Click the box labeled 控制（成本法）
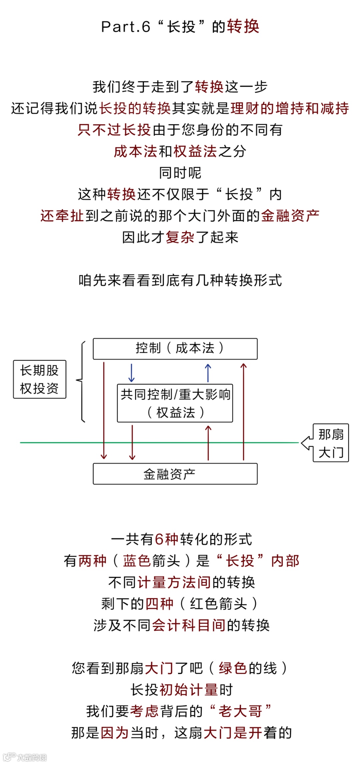pyautogui.click(x=175, y=349)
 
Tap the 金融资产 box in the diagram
pyautogui.click(x=175, y=474)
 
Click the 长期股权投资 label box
pyautogui.click(x=40, y=379)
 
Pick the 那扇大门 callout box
pyautogui.click(x=331, y=443)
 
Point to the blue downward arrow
pyautogui.click(x=131, y=373)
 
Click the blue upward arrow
pyautogui.click(x=208, y=373)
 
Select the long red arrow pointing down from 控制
pyautogui.click(x=104, y=410)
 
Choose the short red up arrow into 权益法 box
pyautogui.click(x=208, y=443)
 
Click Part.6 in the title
pyautogui.click(x=126, y=27)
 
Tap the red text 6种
pyautogui.click(x=166, y=539)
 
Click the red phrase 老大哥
pyautogui.click(x=240, y=711)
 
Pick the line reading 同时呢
pyautogui.click(x=180, y=173)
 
